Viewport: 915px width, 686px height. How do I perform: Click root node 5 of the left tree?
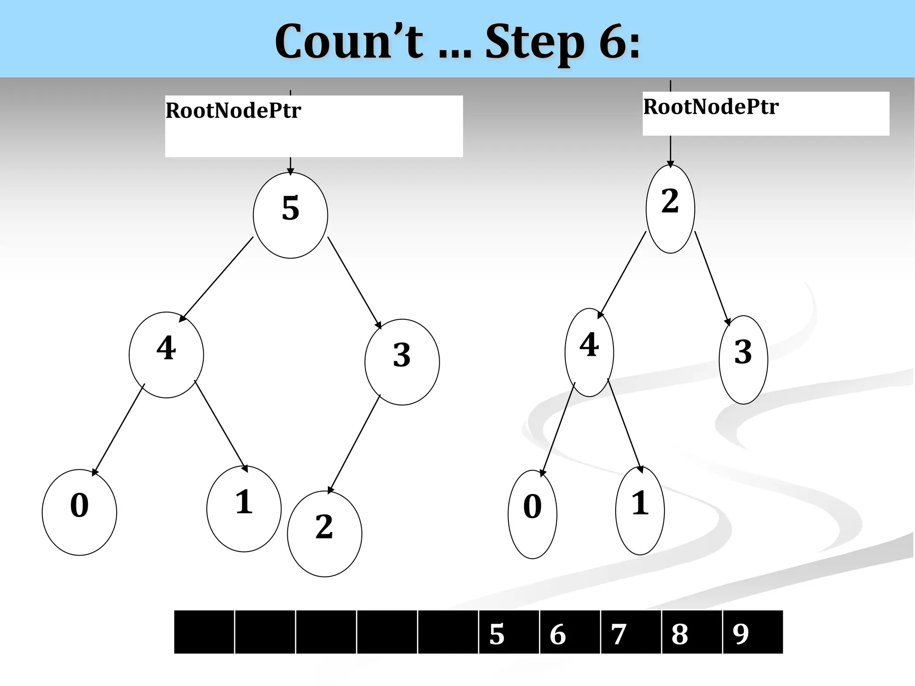pyautogui.click(x=290, y=215)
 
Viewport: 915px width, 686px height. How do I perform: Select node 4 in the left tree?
pyautogui.click(x=166, y=355)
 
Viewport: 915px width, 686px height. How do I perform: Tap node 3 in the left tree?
pyautogui.click(x=402, y=362)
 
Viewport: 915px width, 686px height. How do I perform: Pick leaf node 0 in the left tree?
pyautogui.click(x=80, y=512)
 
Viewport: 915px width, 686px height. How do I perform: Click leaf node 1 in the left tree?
pyautogui.click(x=244, y=509)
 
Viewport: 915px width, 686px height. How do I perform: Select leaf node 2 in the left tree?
pyautogui.click(x=324, y=534)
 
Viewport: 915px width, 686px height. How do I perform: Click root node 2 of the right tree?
pyautogui.click(x=670, y=209)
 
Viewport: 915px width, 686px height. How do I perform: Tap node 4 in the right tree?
pyautogui.click(x=589, y=352)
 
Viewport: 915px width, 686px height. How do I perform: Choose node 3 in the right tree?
pyautogui.click(x=743, y=360)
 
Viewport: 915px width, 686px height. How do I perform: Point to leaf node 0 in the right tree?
pyautogui.click(x=533, y=514)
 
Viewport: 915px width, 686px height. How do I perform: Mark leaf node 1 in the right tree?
pyautogui.click(x=640, y=510)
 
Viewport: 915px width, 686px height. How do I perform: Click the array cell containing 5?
pyautogui.click(x=508, y=632)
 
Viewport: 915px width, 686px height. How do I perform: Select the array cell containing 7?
pyautogui.click(x=630, y=632)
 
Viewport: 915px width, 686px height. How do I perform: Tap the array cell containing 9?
pyautogui.click(x=752, y=632)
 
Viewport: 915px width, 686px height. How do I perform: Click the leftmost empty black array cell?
pyautogui.click(x=204, y=632)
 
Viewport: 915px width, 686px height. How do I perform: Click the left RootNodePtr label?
pyautogui.click(x=233, y=111)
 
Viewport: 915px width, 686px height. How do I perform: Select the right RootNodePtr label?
pyautogui.click(x=711, y=107)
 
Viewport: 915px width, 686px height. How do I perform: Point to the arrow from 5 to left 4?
pyautogui.click(x=217, y=279)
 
